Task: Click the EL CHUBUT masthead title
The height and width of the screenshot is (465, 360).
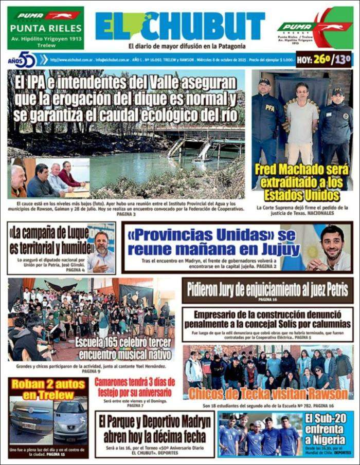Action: pyautogui.click(x=180, y=26)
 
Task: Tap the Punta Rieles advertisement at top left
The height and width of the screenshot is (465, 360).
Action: pyautogui.click(x=45, y=28)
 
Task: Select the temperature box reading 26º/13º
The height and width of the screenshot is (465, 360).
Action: pyautogui.click(x=331, y=60)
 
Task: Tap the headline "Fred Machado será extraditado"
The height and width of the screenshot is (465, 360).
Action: pyautogui.click(x=301, y=183)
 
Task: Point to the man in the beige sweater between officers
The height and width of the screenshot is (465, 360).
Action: pyautogui.click(x=302, y=123)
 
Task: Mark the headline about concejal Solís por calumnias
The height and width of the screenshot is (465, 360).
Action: pyautogui.click(x=267, y=319)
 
